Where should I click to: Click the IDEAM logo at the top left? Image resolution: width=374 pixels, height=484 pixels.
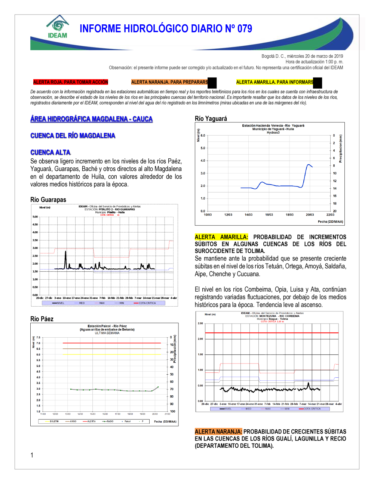(x=58, y=27)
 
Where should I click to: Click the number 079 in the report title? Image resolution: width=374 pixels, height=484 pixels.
(x=245, y=28)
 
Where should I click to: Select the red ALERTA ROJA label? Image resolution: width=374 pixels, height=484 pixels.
(x=70, y=82)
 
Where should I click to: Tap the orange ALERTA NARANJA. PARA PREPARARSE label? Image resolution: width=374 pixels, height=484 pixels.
(x=170, y=82)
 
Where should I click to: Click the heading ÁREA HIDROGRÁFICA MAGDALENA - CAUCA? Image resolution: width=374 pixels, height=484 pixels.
(x=91, y=119)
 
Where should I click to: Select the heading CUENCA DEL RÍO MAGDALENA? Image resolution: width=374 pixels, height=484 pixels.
(x=73, y=136)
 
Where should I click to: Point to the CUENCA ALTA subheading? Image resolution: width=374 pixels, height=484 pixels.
(x=50, y=152)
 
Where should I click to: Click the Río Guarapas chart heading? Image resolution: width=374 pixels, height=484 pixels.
(x=48, y=200)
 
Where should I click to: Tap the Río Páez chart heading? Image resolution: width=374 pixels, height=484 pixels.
(x=42, y=319)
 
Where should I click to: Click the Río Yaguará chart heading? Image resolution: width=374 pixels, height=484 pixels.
(x=211, y=118)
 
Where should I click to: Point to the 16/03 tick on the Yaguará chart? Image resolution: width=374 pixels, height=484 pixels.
(x=269, y=215)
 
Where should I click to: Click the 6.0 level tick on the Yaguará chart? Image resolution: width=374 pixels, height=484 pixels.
(x=203, y=136)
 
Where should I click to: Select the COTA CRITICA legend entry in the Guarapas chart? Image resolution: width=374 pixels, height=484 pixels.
(x=147, y=303)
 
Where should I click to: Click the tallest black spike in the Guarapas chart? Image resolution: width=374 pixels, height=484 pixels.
(x=65, y=252)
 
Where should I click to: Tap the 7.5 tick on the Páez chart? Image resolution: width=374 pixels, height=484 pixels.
(x=38, y=337)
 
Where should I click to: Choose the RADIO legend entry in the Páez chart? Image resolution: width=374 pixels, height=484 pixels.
(x=110, y=421)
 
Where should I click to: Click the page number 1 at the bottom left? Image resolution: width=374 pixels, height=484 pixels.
(x=32, y=455)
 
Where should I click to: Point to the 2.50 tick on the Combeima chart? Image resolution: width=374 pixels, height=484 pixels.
(x=200, y=323)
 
